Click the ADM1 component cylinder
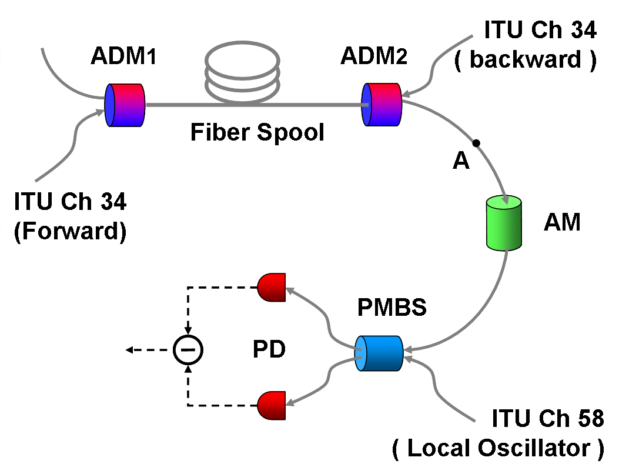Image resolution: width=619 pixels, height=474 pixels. click(125, 105)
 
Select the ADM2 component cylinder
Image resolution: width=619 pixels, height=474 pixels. click(381, 105)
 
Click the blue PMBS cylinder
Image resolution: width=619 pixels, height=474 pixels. click(379, 353)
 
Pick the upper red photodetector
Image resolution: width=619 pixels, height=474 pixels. click(272, 287)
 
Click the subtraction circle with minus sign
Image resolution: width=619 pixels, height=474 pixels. click(188, 350)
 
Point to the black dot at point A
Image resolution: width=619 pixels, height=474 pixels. click(476, 143)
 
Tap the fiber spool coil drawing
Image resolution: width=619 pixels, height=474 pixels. click(241, 74)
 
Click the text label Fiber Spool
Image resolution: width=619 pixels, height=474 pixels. click(257, 133)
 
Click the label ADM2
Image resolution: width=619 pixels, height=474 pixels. click(374, 56)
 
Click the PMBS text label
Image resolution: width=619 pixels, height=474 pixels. click(392, 308)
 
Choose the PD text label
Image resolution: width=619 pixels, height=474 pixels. click(269, 350)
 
